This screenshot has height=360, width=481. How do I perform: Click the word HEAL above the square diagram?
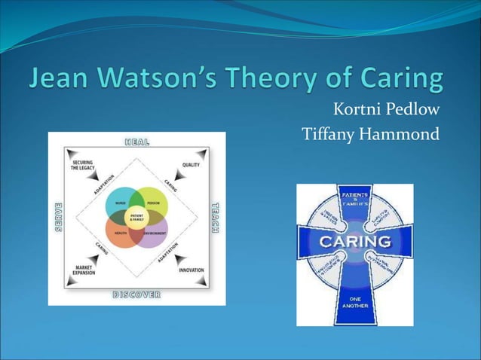136,141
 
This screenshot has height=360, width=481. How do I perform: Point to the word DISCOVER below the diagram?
136,294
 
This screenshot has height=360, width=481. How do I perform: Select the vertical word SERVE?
57,217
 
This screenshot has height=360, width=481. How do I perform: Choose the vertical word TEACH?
216,217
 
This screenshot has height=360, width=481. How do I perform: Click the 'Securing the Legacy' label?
83,166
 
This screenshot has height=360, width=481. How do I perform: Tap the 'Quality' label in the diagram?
190,165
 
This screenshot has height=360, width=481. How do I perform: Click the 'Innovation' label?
191,270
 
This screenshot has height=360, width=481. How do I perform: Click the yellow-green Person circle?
154,201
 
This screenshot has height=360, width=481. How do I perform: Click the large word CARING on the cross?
354,242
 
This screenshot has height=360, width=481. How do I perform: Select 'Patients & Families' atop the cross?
354,198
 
